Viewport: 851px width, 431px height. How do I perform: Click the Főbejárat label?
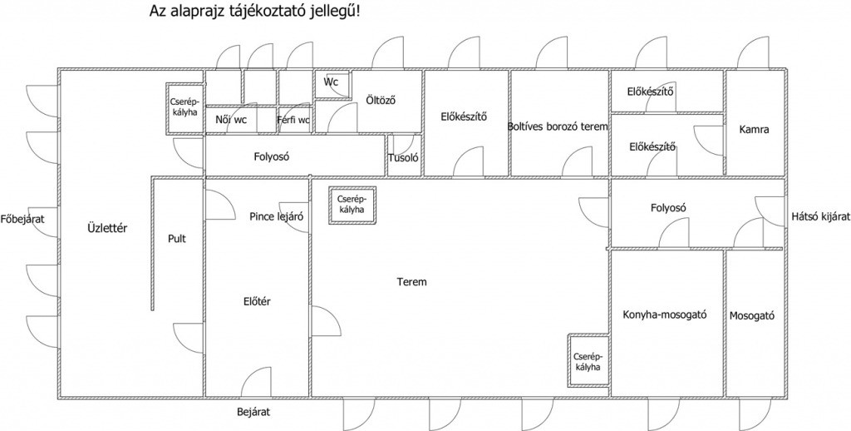point(22,220)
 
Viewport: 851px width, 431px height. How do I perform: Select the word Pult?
point(176,239)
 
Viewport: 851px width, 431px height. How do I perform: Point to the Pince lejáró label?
point(276,216)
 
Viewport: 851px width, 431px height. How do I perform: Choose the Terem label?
point(411,282)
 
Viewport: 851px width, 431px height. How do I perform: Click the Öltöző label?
point(381,101)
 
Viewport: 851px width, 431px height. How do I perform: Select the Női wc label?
point(230,120)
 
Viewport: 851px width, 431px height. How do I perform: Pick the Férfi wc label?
point(293,120)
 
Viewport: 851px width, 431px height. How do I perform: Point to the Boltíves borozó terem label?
point(558,126)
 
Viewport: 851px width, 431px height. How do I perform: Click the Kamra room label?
point(754,130)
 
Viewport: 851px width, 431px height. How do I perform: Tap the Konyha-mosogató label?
point(665,315)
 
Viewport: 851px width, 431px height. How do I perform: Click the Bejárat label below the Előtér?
point(253,411)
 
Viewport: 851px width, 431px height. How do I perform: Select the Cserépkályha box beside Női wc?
point(184,107)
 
